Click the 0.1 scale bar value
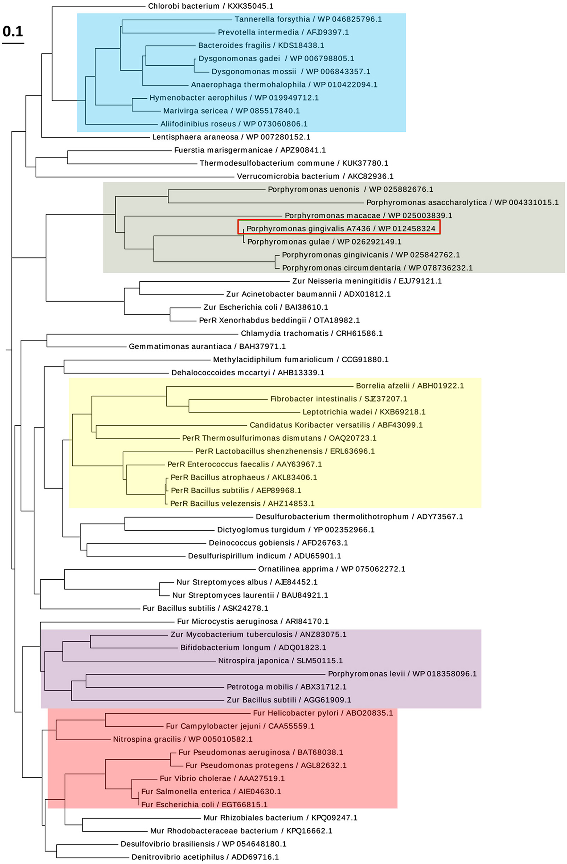[x=13, y=32]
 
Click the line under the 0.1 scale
[x=13, y=43]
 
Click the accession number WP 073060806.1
[x=275, y=124]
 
